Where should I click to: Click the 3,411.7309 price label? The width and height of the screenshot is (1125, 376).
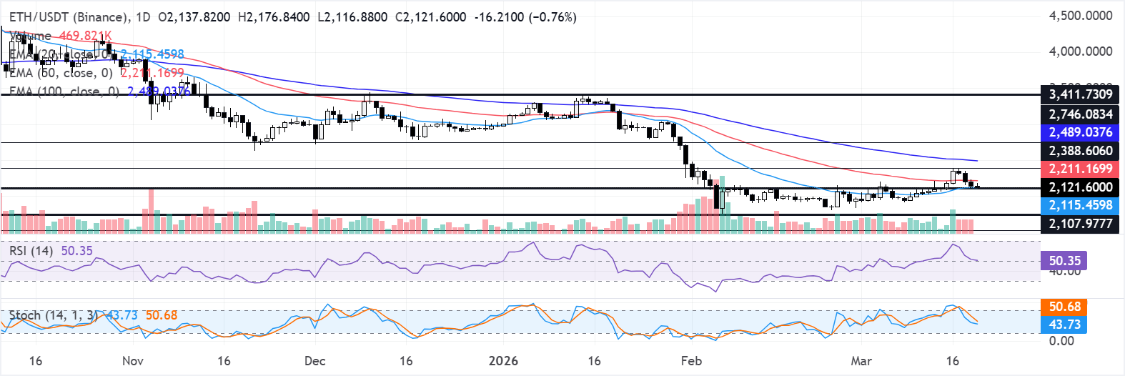coord(1080,94)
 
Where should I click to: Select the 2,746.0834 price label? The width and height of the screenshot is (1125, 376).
coord(1080,114)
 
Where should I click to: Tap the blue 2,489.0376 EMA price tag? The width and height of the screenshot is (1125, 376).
coord(1080,132)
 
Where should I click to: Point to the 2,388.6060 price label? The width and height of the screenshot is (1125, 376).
coord(1080,151)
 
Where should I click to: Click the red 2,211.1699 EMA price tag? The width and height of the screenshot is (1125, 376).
coord(1080,169)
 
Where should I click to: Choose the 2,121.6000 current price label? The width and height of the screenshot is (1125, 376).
coord(1080,187)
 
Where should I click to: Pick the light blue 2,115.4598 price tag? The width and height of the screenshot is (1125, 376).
coord(1080,205)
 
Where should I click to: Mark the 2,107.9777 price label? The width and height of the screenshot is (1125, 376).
coord(1080,224)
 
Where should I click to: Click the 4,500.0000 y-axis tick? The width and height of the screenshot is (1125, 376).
coord(1080,16)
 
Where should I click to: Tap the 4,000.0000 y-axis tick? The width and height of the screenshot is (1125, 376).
coord(1080,51)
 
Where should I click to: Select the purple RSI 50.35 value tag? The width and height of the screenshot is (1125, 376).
coord(1065,260)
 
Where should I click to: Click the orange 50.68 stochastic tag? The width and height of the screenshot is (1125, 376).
coord(1065,307)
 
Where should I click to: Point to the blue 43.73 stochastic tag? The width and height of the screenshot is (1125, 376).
coord(1065,325)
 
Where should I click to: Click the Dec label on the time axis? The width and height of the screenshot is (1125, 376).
coord(314,361)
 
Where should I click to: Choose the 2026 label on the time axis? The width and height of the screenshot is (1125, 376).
coord(503,361)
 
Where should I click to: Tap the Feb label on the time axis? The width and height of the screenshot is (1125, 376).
coord(691,361)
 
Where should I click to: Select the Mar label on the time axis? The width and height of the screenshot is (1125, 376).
coord(861,361)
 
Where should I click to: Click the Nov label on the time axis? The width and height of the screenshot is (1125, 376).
coord(133,361)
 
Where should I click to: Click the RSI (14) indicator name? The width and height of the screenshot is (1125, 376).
coord(31,251)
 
